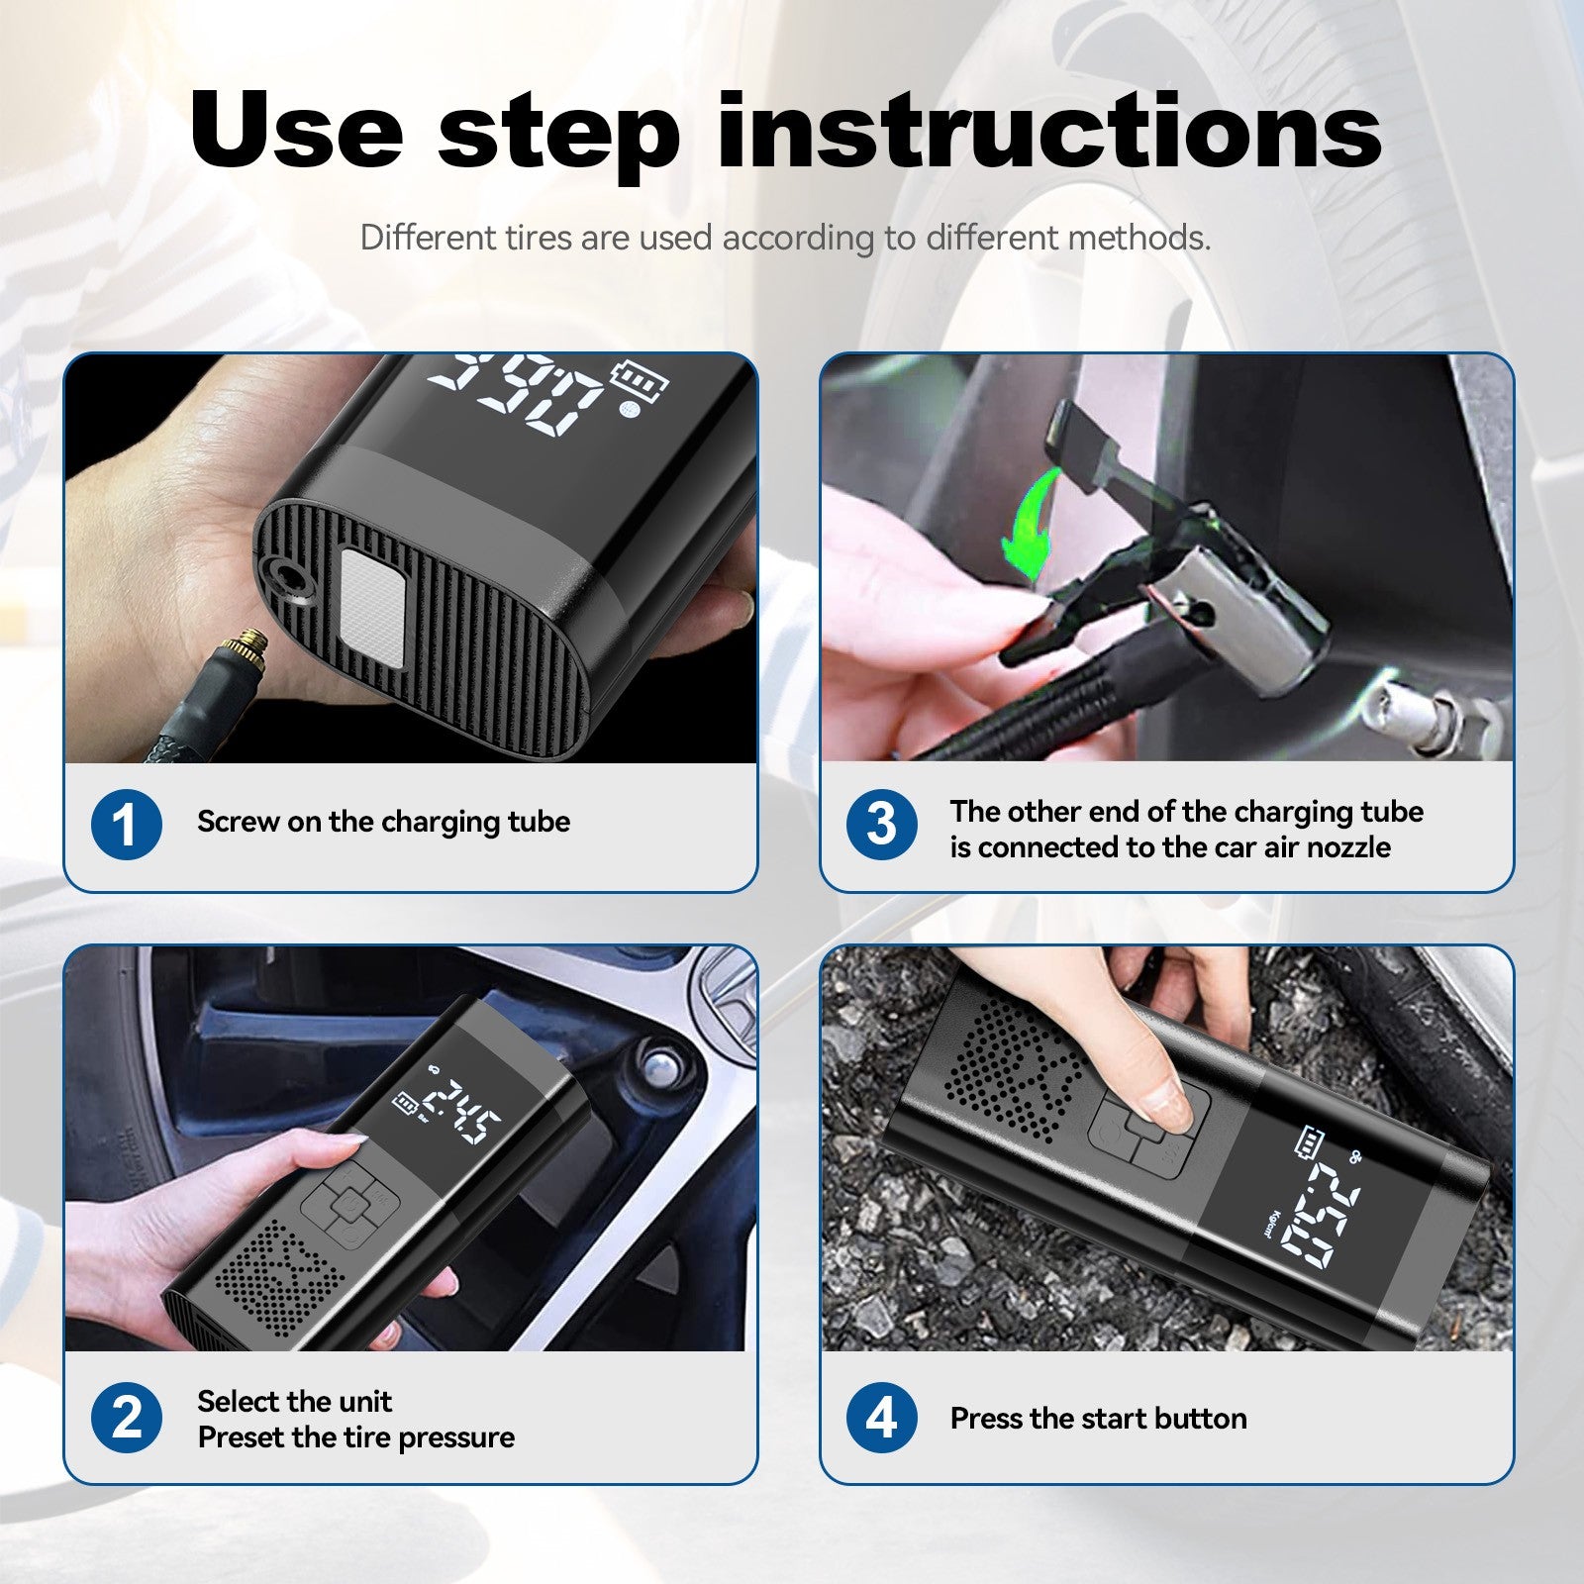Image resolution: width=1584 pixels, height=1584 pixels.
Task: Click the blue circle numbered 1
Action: pyautogui.click(x=126, y=825)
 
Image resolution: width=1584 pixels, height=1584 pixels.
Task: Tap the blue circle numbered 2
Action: pyautogui.click(x=126, y=1418)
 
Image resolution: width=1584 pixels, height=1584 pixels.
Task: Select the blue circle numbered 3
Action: pyautogui.click(x=881, y=825)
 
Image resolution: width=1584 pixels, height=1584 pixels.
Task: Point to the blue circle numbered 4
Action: pyautogui.click(x=881, y=1418)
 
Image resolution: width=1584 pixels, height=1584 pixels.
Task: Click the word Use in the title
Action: pyautogui.click(x=297, y=131)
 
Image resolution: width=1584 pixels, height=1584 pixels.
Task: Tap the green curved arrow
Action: pyautogui.click(x=1030, y=525)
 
